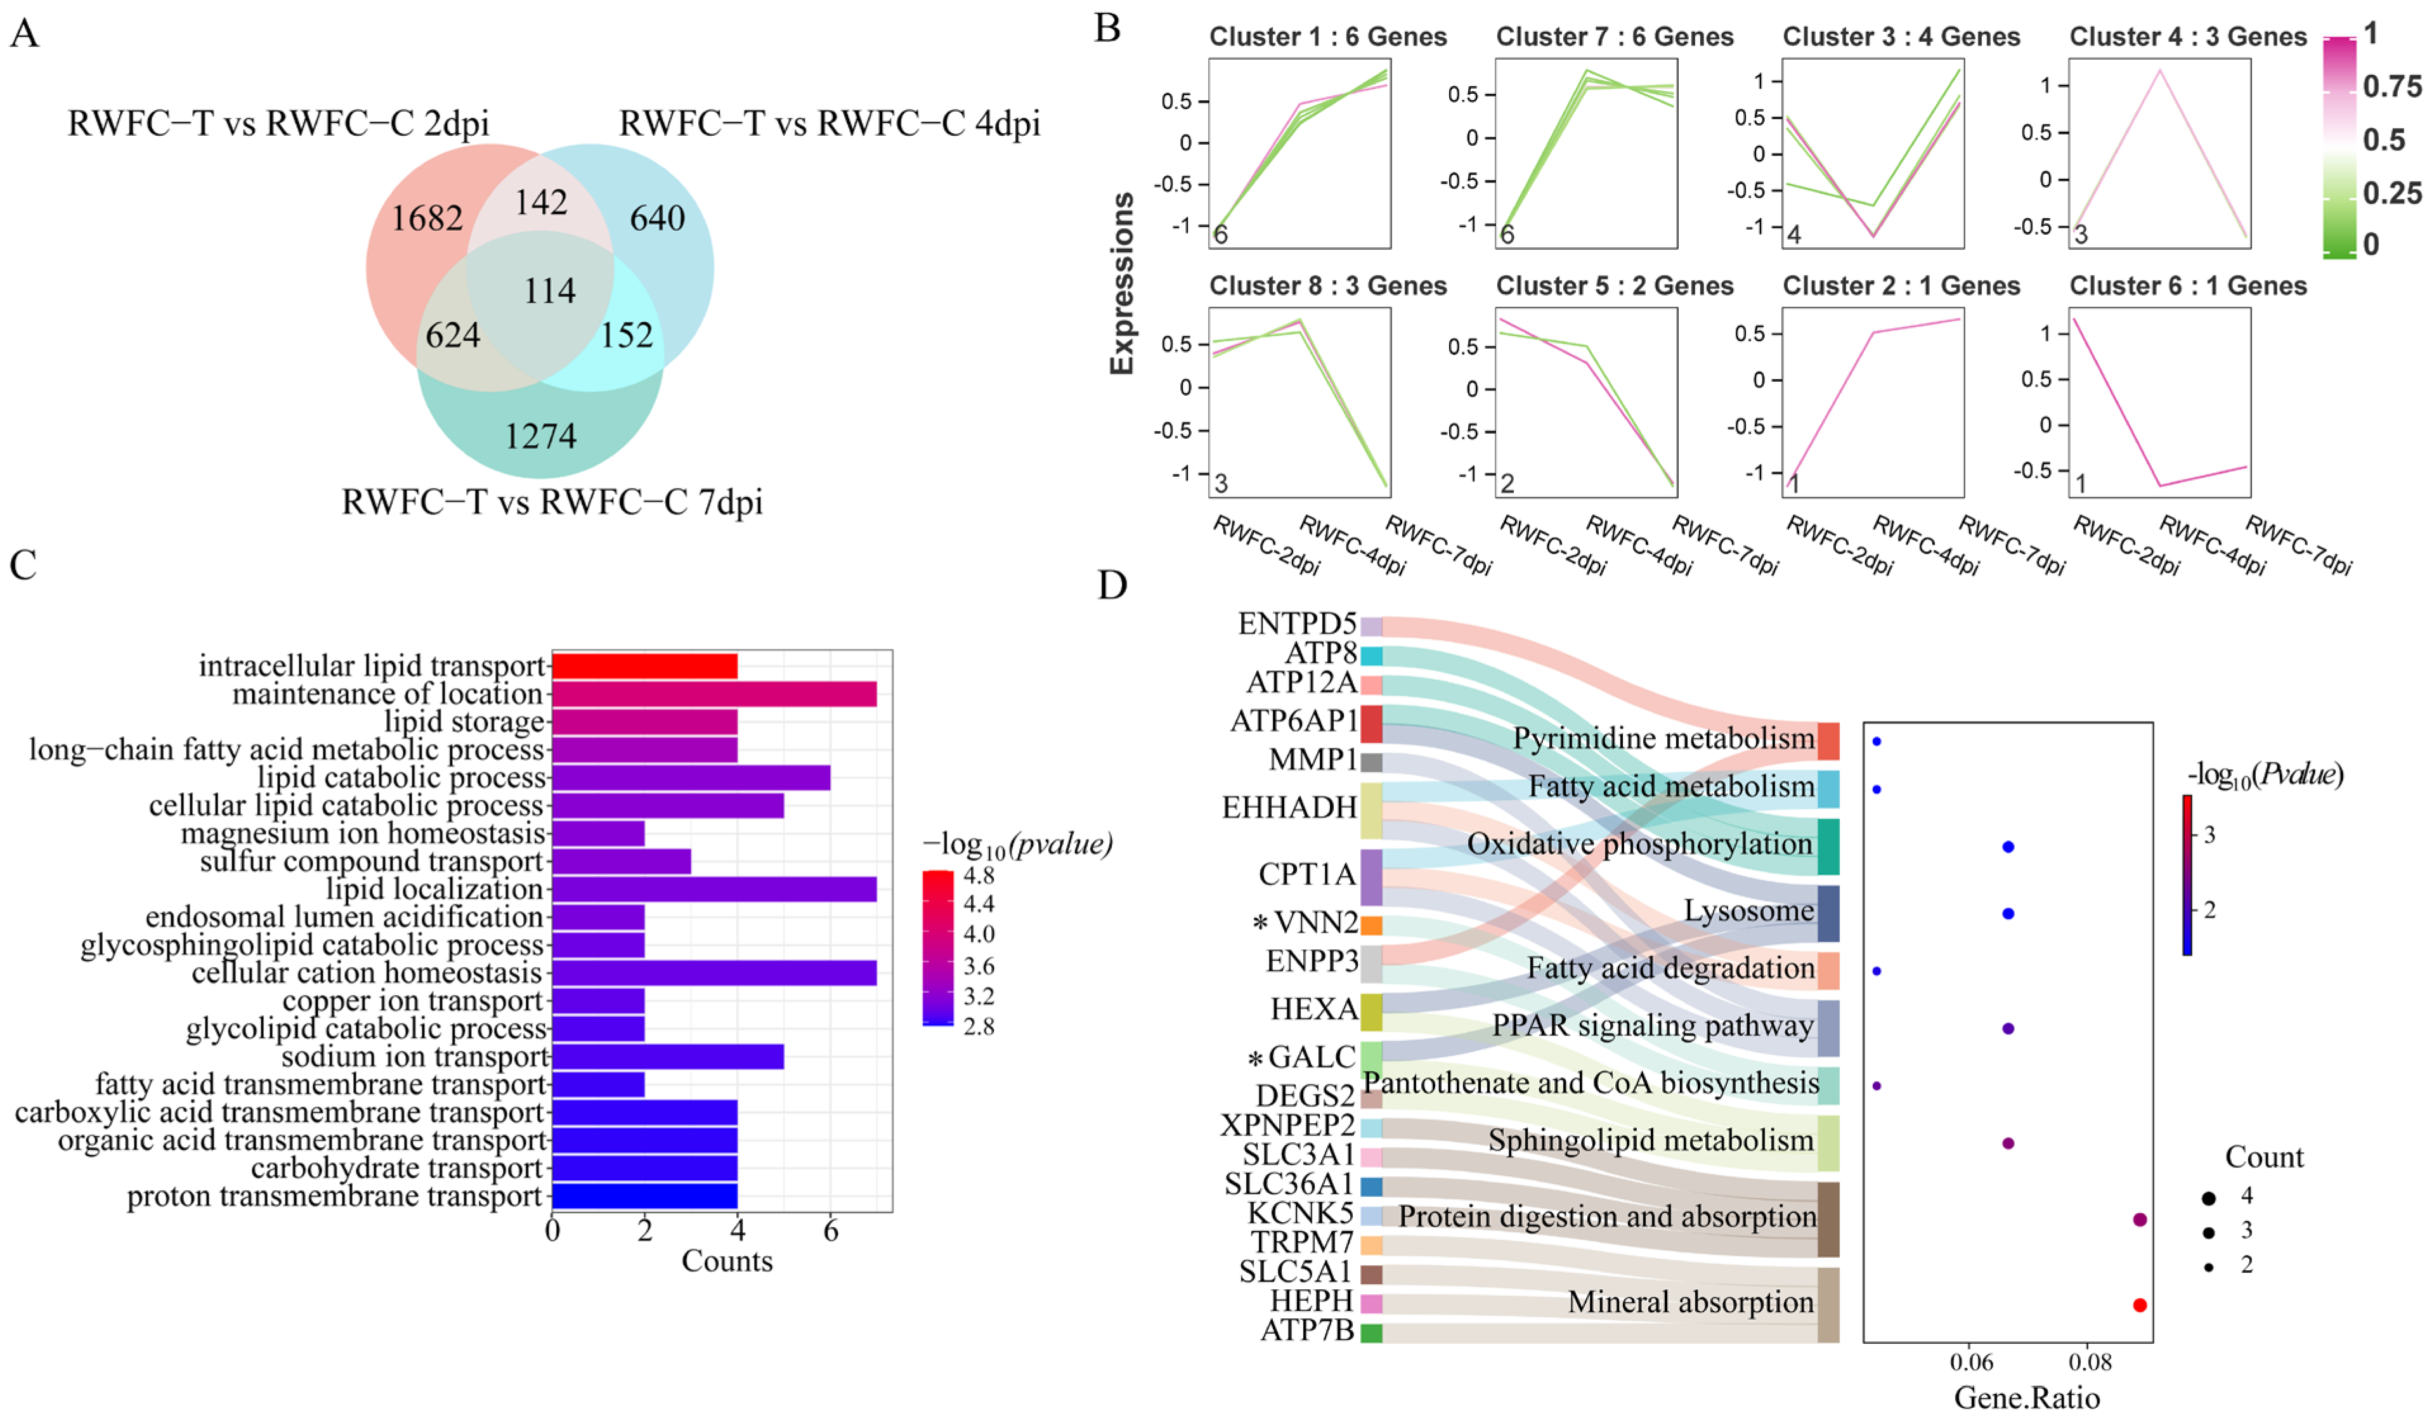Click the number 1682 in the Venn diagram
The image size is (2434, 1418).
pos(426,218)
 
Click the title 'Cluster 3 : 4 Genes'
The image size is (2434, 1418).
pos(1900,37)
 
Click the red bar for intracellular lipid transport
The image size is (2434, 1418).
pos(644,667)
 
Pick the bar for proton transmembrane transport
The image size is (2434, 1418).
pos(644,1197)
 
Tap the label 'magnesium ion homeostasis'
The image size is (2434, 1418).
pos(363,833)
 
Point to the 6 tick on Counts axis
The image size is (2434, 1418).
pos(830,1232)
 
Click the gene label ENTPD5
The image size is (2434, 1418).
pos(1296,624)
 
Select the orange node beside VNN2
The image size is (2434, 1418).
pos(1370,925)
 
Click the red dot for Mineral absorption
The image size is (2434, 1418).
pos(2138,1305)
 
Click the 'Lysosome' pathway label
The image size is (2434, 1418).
pos(1748,911)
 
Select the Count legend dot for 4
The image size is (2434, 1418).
pos(2208,1198)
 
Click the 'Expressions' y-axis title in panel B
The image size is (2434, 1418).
pos(1121,282)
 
